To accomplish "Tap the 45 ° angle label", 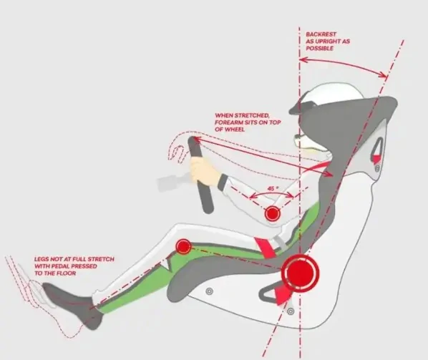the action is click(273, 188).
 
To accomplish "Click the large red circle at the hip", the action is click(300, 273).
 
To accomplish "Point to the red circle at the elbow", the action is click(273, 213).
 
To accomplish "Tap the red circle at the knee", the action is click(183, 246).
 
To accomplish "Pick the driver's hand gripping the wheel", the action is click(203, 170).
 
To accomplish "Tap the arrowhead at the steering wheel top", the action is click(195, 140).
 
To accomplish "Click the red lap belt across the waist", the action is click(265, 247).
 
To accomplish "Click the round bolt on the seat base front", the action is click(210, 291).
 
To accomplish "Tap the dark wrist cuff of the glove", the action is click(222, 182).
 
